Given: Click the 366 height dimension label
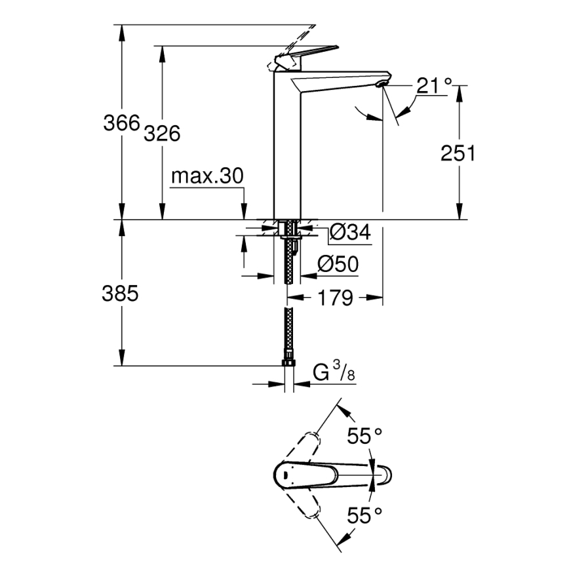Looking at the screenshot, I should (x=121, y=123).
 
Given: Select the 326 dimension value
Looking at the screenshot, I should (x=161, y=133).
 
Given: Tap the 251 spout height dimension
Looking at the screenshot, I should (x=457, y=153).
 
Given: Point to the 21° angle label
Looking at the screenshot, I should (x=434, y=85).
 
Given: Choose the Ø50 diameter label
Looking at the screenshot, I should (x=338, y=264).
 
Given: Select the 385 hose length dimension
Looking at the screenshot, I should (x=121, y=294).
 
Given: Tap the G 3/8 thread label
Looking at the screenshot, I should (x=334, y=372).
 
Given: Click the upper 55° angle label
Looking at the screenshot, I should (x=364, y=436).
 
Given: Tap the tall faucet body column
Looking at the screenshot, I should (x=286, y=151).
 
